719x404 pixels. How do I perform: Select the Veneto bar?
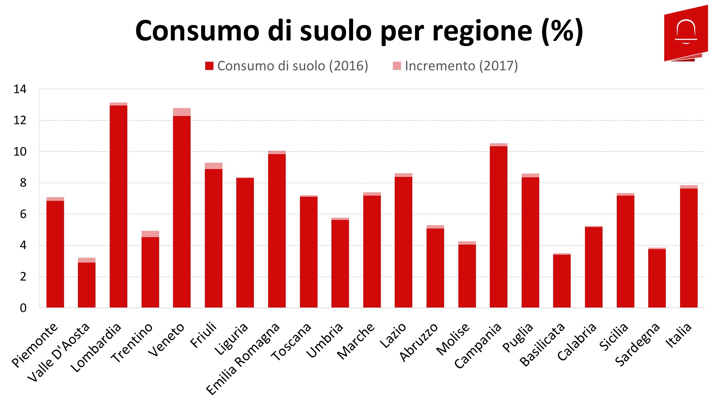(182, 212)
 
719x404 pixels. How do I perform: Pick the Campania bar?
(498, 227)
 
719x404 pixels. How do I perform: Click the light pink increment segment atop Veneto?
(182, 112)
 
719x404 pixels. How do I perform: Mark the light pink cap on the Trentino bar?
(150, 234)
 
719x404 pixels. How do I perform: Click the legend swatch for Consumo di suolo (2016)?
(209, 66)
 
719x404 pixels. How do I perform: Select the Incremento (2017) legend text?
(461, 66)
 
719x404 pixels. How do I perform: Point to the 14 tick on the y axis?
(20, 89)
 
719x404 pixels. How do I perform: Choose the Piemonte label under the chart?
(35, 345)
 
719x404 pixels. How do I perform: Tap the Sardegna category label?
(637, 345)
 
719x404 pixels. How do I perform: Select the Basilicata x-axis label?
(542, 345)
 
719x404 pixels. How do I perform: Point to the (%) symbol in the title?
(562, 31)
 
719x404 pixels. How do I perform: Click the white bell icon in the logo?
(686, 31)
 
